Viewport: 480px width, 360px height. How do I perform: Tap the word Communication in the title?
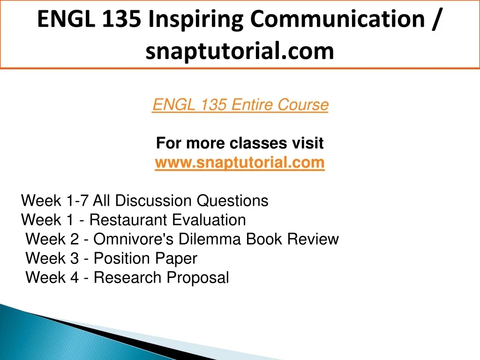(337, 19)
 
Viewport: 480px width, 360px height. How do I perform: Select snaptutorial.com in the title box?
(240, 51)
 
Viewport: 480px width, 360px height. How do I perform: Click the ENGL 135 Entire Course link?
(240, 105)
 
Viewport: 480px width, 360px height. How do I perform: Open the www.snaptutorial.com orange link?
(240, 162)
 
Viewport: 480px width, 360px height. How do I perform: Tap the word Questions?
(232, 201)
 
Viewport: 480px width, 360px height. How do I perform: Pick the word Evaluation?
(209, 220)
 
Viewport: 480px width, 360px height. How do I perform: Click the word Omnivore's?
(134, 239)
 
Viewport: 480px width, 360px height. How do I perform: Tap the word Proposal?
(198, 278)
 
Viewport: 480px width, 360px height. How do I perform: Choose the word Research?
(127, 277)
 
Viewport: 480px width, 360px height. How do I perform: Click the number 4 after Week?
(75, 277)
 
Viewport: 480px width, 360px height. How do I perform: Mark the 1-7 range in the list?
(77, 201)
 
